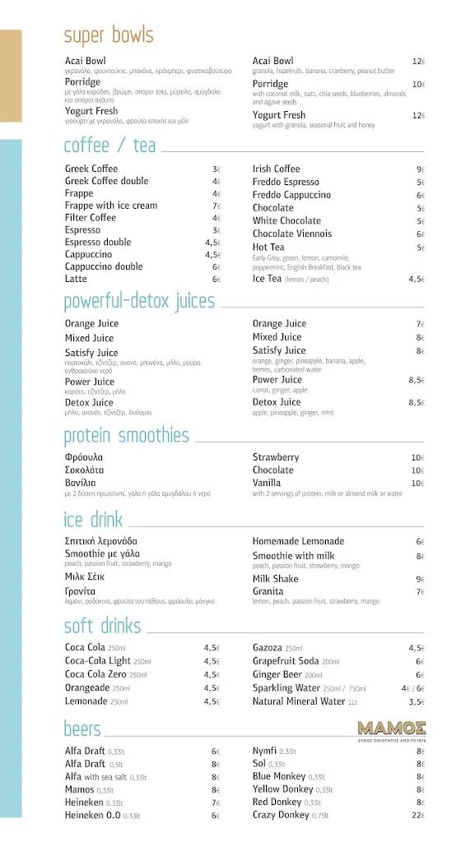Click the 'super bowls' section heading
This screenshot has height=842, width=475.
(x=109, y=36)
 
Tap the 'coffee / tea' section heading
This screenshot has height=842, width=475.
(x=109, y=146)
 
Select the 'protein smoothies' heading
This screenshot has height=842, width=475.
(x=126, y=436)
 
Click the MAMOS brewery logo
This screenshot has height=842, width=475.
(x=391, y=728)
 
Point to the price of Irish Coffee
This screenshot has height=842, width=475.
(x=420, y=169)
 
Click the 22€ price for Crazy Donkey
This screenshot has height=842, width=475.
(x=417, y=816)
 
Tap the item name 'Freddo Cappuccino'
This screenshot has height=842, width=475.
(x=291, y=196)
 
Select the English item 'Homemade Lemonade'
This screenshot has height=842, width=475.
(x=298, y=542)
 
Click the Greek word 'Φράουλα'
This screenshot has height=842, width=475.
(x=84, y=457)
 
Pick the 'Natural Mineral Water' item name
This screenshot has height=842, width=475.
(x=299, y=702)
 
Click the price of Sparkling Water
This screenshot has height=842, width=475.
(x=412, y=688)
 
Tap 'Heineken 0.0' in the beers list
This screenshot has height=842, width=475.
(x=93, y=816)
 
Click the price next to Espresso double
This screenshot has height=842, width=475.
(x=213, y=243)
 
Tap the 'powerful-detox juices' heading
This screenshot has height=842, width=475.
(x=139, y=302)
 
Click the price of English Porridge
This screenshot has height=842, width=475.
(x=418, y=85)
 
